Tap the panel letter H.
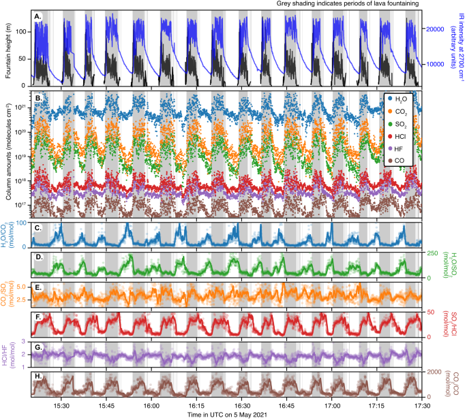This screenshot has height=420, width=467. click(39, 376)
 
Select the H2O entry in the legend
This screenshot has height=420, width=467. click(401, 100)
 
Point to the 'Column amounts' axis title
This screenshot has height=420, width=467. click(7, 155)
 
